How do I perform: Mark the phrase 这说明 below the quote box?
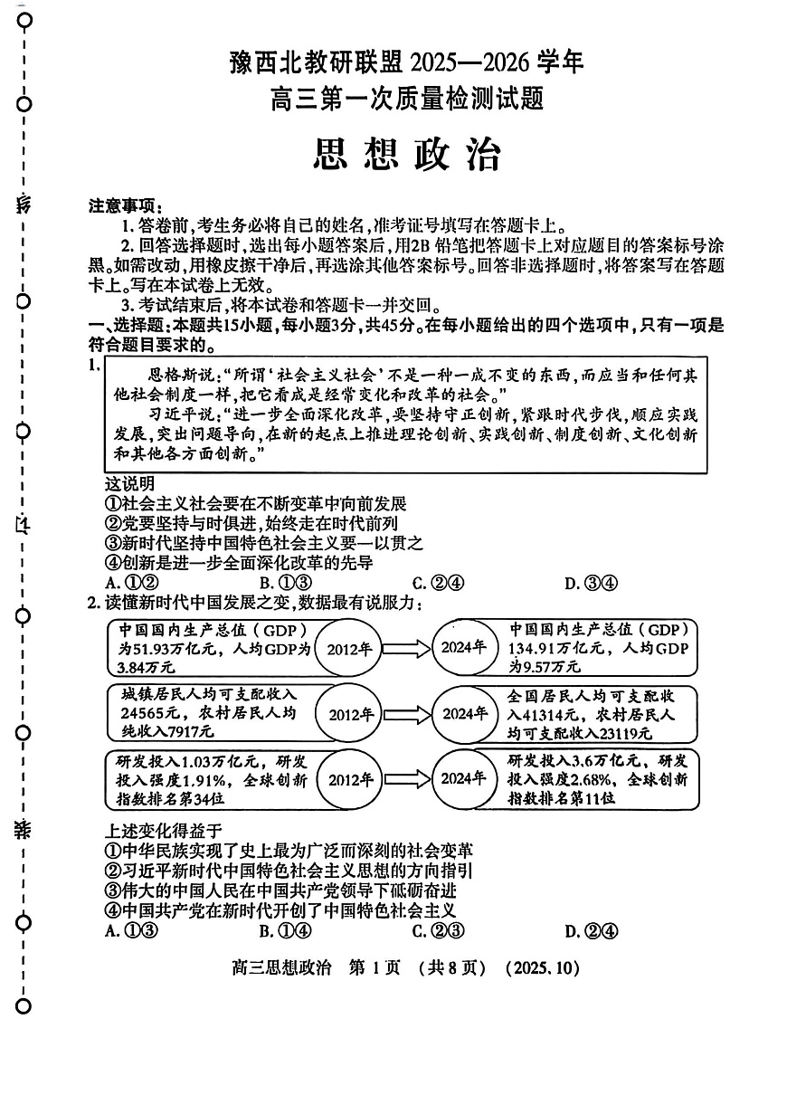click(129, 483)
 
